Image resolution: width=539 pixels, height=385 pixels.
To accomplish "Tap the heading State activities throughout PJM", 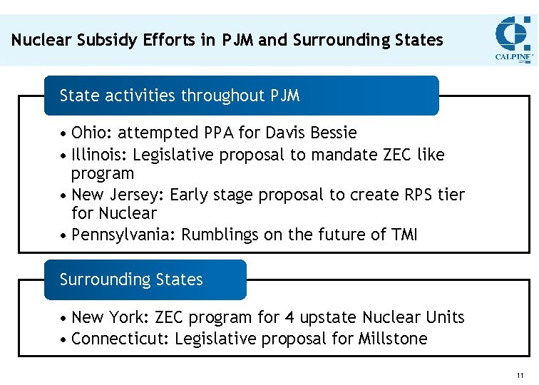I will (180, 96).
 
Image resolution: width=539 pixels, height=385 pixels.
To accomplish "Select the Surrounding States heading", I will (131, 279).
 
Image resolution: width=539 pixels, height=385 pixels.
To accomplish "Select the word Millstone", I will (394, 339).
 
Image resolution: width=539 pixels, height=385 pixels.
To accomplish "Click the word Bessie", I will (332, 133).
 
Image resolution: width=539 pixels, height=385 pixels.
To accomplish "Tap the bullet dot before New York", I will (64, 318).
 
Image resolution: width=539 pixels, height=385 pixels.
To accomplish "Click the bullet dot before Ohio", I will (64, 133).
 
